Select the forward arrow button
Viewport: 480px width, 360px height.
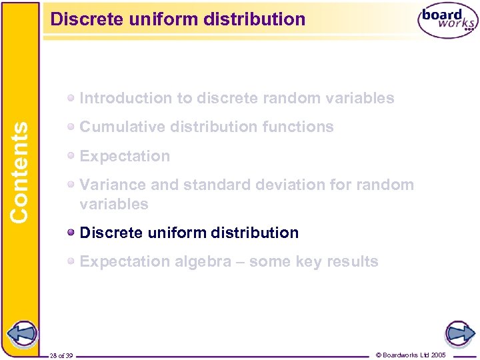[459, 333]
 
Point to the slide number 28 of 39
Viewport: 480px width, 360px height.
[61, 355]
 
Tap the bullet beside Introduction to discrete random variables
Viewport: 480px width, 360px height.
[71, 99]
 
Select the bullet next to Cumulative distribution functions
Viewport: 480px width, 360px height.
[71, 127]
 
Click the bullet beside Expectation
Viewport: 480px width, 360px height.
[71, 156]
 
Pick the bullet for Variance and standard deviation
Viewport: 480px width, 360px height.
[71, 185]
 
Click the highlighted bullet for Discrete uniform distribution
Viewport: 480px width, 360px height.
[71, 233]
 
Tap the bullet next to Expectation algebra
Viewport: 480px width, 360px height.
[71, 261]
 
